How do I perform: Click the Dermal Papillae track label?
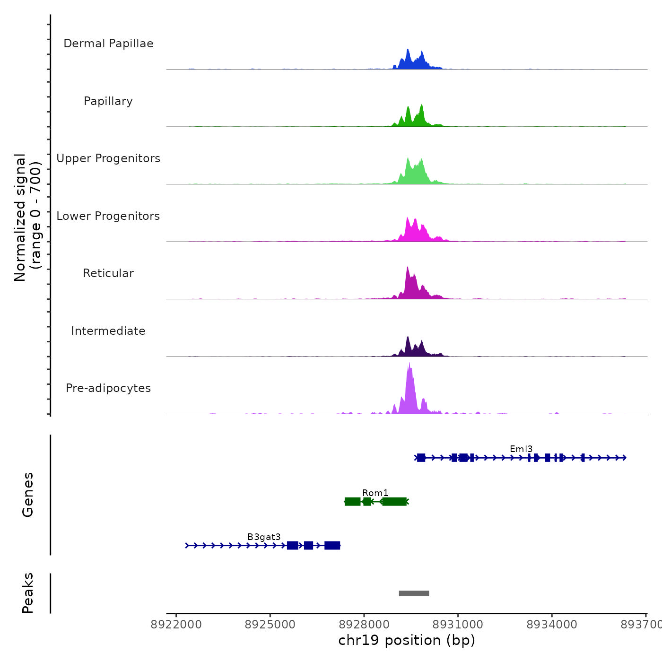(x=108, y=44)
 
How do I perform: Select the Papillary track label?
(x=108, y=101)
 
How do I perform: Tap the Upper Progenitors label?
(x=108, y=158)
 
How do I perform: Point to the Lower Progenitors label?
(x=108, y=216)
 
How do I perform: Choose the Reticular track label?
(x=108, y=273)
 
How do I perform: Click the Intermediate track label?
(x=108, y=331)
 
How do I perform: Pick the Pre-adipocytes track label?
(x=108, y=388)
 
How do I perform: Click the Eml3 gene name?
(x=521, y=449)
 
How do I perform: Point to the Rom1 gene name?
(x=375, y=493)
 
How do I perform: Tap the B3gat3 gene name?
(x=264, y=537)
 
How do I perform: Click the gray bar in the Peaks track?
(x=414, y=593)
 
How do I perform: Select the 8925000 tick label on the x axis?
(x=270, y=625)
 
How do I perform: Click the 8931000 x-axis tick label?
(x=458, y=625)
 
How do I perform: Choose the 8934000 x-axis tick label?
(x=552, y=625)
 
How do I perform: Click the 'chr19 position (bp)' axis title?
(x=407, y=640)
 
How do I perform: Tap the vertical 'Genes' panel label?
(x=28, y=495)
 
